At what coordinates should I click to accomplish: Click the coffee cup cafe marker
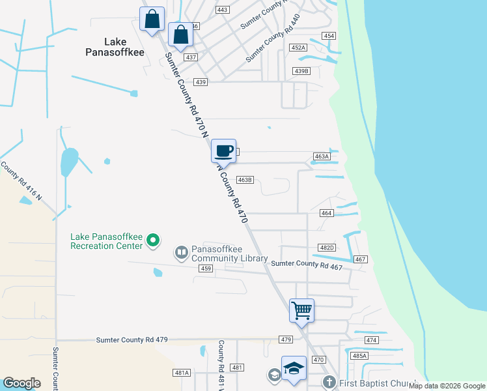pyautogui.click(x=224, y=151)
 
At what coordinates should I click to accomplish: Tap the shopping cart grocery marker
pyautogui.click(x=301, y=310)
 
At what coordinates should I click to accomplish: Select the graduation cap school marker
pyautogui.click(x=294, y=368)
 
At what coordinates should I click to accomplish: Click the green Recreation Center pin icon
pyautogui.click(x=153, y=240)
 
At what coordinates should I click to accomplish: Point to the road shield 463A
pyautogui.click(x=322, y=156)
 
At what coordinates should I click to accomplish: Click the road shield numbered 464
pyautogui.click(x=327, y=213)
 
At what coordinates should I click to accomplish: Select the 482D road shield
pyautogui.click(x=326, y=248)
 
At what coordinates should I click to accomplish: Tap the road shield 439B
pyautogui.click(x=301, y=70)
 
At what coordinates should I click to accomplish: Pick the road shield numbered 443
pyautogui.click(x=223, y=10)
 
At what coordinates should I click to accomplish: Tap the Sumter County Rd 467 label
pyautogui.click(x=307, y=263)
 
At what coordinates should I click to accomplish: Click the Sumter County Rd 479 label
pyautogui.click(x=132, y=340)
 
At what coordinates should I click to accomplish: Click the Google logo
pyautogui.click(x=21, y=383)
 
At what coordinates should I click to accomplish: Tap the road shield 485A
pyautogui.click(x=359, y=356)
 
